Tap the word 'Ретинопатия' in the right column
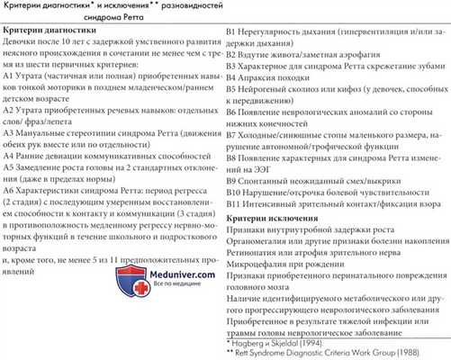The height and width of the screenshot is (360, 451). (x=259, y=256)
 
